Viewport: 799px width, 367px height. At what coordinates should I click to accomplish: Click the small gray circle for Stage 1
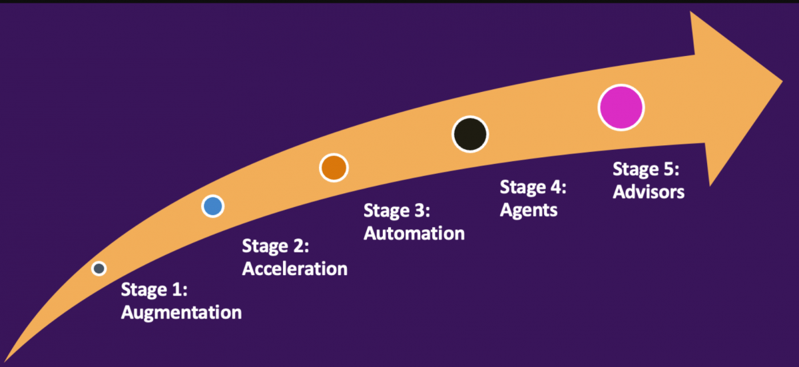pyautogui.click(x=99, y=268)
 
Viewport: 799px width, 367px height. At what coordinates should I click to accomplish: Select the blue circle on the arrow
pyautogui.click(x=212, y=206)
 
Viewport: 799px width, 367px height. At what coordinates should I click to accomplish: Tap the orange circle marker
pyautogui.click(x=334, y=168)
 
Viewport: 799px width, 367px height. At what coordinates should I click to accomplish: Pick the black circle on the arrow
pyautogui.click(x=470, y=134)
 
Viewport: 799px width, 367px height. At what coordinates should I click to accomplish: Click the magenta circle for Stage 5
pyautogui.click(x=621, y=107)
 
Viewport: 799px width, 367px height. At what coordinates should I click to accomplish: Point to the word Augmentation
pyautogui.click(x=181, y=312)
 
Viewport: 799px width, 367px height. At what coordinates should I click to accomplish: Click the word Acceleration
pyautogui.click(x=294, y=268)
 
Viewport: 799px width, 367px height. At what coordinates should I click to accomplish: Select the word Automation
pyautogui.click(x=413, y=233)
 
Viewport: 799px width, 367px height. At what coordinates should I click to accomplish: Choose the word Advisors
pyautogui.click(x=649, y=191)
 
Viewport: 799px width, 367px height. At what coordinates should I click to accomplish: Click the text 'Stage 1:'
pyautogui.click(x=154, y=290)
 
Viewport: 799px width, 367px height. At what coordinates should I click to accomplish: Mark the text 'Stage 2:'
pyautogui.click(x=276, y=246)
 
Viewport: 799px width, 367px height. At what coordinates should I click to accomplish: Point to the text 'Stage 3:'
pyautogui.click(x=397, y=211)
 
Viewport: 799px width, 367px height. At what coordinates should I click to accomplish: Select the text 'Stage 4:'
pyautogui.click(x=533, y=187)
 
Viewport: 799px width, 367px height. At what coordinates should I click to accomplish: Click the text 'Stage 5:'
pyautogui.click(x=646, y=169)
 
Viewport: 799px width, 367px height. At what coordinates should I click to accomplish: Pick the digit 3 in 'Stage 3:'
pyautogui.click(x=419, y=211)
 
